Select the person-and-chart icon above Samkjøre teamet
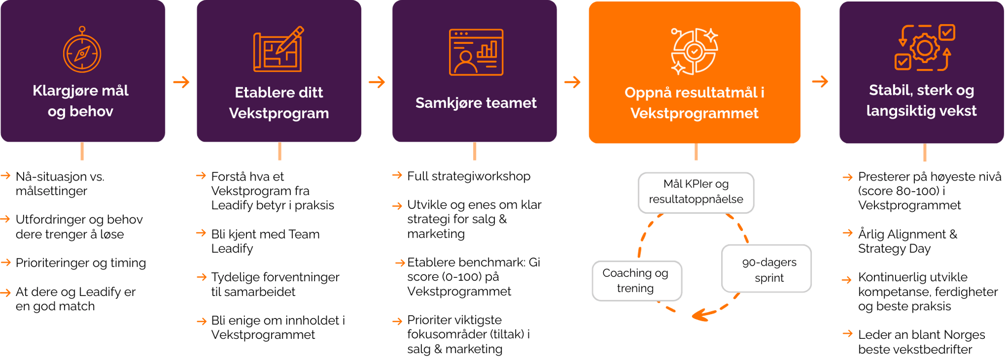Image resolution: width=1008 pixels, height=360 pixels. [x=476, y=52]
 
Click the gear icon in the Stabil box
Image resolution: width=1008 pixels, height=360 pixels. [x=924, y=48]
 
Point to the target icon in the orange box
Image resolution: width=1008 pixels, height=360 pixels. [x=694, y=51]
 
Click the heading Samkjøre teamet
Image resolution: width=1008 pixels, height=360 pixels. [x=476, y=103]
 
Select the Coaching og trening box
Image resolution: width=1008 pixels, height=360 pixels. [x=636, y=280]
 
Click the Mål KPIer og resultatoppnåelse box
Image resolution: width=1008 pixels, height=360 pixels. [x=696, y=192]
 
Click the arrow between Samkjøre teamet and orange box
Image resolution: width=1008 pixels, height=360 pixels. [x=573, y=82]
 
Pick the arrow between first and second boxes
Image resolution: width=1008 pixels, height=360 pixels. [x=181, y=82]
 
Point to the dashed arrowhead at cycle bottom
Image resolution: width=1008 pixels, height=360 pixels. [x=702, y=315]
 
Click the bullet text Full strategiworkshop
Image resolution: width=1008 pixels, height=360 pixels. [x=468, y=176]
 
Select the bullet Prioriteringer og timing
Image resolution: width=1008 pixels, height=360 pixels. [x=81, y=263]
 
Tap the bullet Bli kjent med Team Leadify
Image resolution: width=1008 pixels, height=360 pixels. [x=265, y=241]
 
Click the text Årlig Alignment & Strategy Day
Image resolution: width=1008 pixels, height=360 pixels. [x=907, y=241]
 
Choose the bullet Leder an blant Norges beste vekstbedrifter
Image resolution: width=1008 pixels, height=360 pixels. [x=921, y=342]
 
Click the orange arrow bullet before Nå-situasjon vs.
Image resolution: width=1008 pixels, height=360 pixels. [x=6, y=176]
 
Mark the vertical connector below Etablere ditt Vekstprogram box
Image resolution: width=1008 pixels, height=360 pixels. [x=280, y=151]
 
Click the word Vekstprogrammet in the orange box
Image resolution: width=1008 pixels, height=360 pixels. [x=694, y=113]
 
